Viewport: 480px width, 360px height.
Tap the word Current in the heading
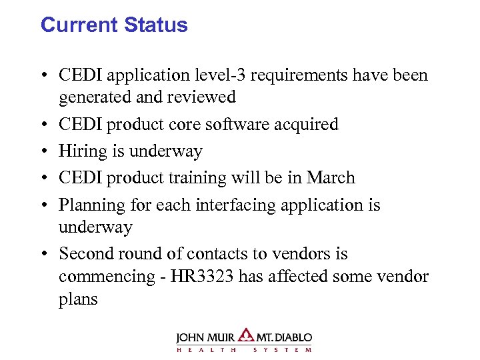tap(76, 25)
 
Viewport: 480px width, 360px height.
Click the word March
tap(331, 178)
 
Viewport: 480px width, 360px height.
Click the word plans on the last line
tap(78, 299)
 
